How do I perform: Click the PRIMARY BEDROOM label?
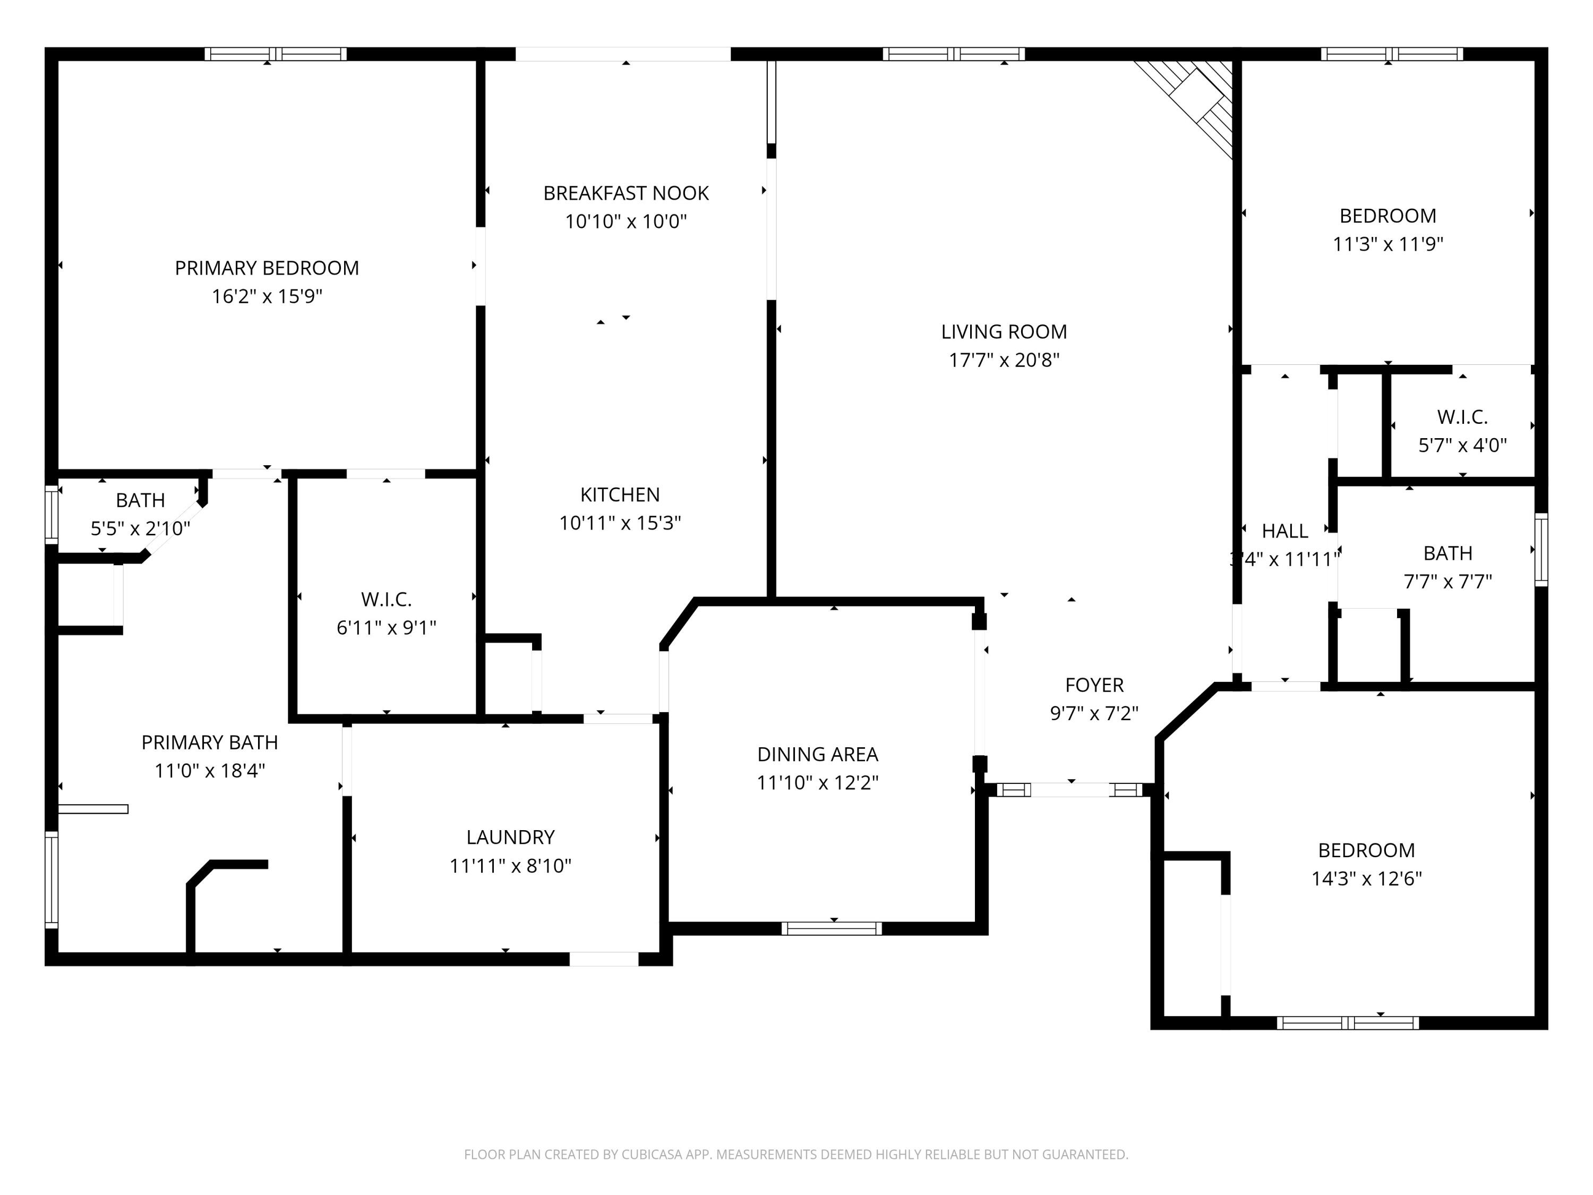267,268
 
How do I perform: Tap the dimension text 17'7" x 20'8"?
1004,360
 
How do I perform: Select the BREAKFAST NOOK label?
626,193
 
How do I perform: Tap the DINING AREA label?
817,754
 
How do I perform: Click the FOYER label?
1094,685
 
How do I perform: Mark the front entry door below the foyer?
1071,790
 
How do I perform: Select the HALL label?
1285,531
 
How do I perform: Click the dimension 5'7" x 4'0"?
1462,445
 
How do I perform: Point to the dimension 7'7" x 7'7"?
1448,581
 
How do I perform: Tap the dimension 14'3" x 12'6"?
1366,879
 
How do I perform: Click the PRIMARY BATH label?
210,742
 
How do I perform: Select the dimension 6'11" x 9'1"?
387,627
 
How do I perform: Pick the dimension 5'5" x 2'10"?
140,528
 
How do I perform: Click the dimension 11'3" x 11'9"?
1388,244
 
